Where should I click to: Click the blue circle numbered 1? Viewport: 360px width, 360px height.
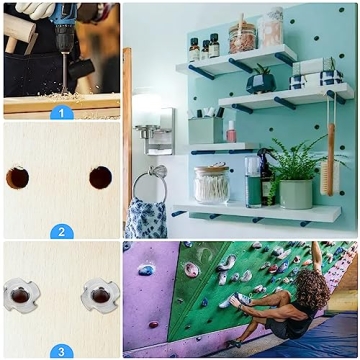62,113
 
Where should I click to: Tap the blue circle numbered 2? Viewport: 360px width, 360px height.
62,232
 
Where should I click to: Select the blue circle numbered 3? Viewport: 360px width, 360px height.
62,351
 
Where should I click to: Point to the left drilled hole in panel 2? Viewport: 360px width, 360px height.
17,178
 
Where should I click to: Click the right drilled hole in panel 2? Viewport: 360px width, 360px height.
101,178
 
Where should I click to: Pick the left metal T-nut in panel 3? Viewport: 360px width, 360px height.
21,295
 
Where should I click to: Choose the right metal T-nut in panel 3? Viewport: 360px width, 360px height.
101,295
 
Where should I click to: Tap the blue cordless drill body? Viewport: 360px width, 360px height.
63,27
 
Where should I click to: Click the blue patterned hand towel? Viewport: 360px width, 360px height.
146,217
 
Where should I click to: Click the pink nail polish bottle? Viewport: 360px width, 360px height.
231,132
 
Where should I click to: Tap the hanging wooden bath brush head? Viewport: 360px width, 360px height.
330,178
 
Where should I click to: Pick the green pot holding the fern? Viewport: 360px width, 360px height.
296,194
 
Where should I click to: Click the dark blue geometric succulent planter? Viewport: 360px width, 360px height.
261,83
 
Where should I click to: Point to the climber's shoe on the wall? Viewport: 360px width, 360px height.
241,299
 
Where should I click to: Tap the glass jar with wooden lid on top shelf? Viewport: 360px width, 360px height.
242,37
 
